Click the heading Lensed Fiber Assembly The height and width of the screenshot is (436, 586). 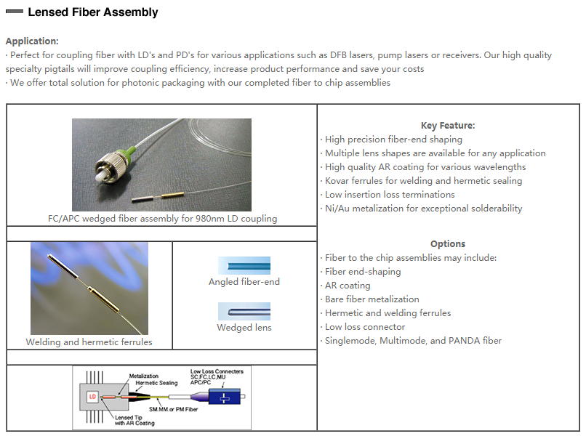click(x=92, y=12)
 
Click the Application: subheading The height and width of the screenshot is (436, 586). click(x=32, y=41)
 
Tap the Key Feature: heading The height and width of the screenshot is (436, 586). click(x=448, y=126)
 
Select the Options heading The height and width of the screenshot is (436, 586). click(x=448, y=244)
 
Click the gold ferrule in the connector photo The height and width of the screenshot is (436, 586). click(x=173, y=195)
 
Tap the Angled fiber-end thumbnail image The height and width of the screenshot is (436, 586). click(x=244, y=266)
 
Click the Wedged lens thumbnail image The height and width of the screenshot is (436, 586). click(x=244, y=311)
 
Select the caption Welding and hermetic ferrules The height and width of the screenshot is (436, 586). click(x=89, y=342)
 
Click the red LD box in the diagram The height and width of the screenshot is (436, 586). click(x=92, y=397)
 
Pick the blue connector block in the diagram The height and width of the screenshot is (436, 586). click(x=224, y=397)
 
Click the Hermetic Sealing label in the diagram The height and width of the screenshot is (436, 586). click(x=156, y=383)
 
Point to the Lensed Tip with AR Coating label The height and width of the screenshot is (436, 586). click(x=135, y=420)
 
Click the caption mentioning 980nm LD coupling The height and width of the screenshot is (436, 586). click(x=163, y=219)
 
